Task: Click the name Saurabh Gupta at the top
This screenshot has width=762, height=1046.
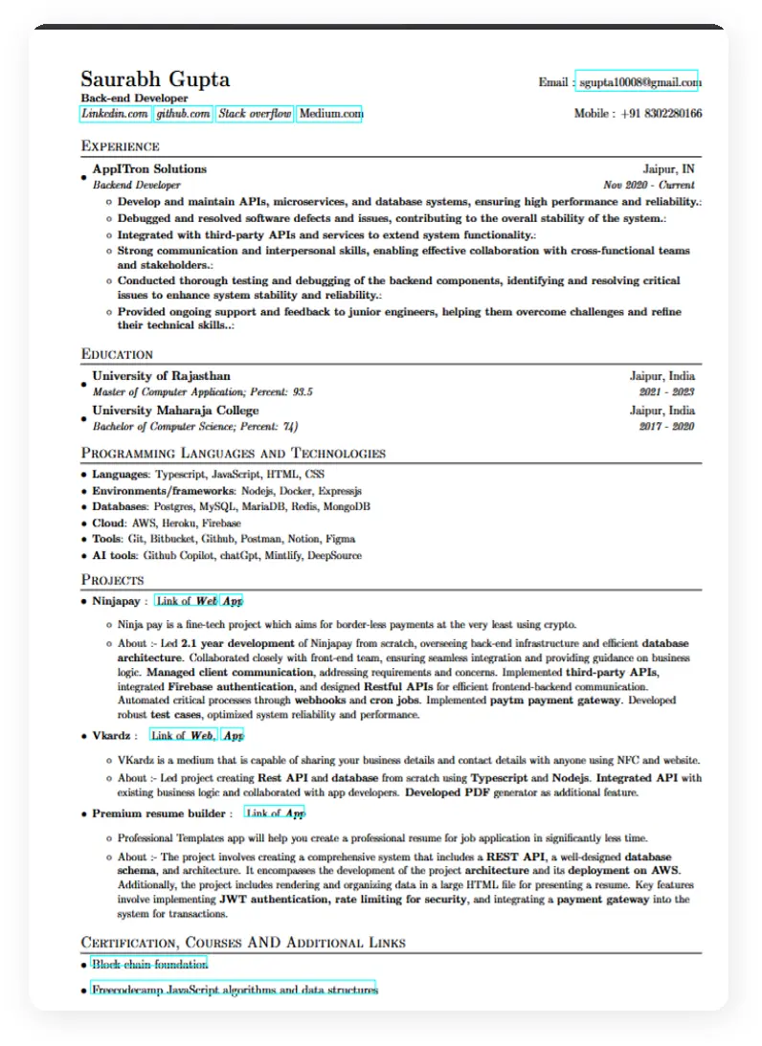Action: [155, 79]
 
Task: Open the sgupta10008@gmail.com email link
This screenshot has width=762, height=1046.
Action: [638, 82]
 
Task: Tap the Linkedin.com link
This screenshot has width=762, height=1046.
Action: [115, 114]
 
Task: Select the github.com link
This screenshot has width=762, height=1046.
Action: [183, 114]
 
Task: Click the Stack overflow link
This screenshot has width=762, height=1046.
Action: [255, 114]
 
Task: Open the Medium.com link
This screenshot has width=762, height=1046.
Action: [331, 114]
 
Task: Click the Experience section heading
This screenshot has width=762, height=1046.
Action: [120, 146]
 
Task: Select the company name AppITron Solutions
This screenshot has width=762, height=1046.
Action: [148, 169]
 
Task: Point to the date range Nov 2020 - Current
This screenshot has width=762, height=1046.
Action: [649, 185]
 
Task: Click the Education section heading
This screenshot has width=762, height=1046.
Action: [117, 354]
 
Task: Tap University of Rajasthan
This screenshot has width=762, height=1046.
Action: [161, 376]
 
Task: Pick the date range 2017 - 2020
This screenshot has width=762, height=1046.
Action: [666, 426]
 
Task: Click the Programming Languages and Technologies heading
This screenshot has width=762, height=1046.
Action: [233, 454]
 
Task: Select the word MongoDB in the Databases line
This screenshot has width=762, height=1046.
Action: [347, 506]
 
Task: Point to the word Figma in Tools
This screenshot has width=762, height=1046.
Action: [340, 539]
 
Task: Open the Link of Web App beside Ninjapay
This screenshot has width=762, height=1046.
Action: [199, 601]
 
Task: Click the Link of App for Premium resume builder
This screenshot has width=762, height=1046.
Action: [276, 813]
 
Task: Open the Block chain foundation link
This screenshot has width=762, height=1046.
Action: [149, 965]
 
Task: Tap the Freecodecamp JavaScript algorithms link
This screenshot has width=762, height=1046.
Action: [235, 990]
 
